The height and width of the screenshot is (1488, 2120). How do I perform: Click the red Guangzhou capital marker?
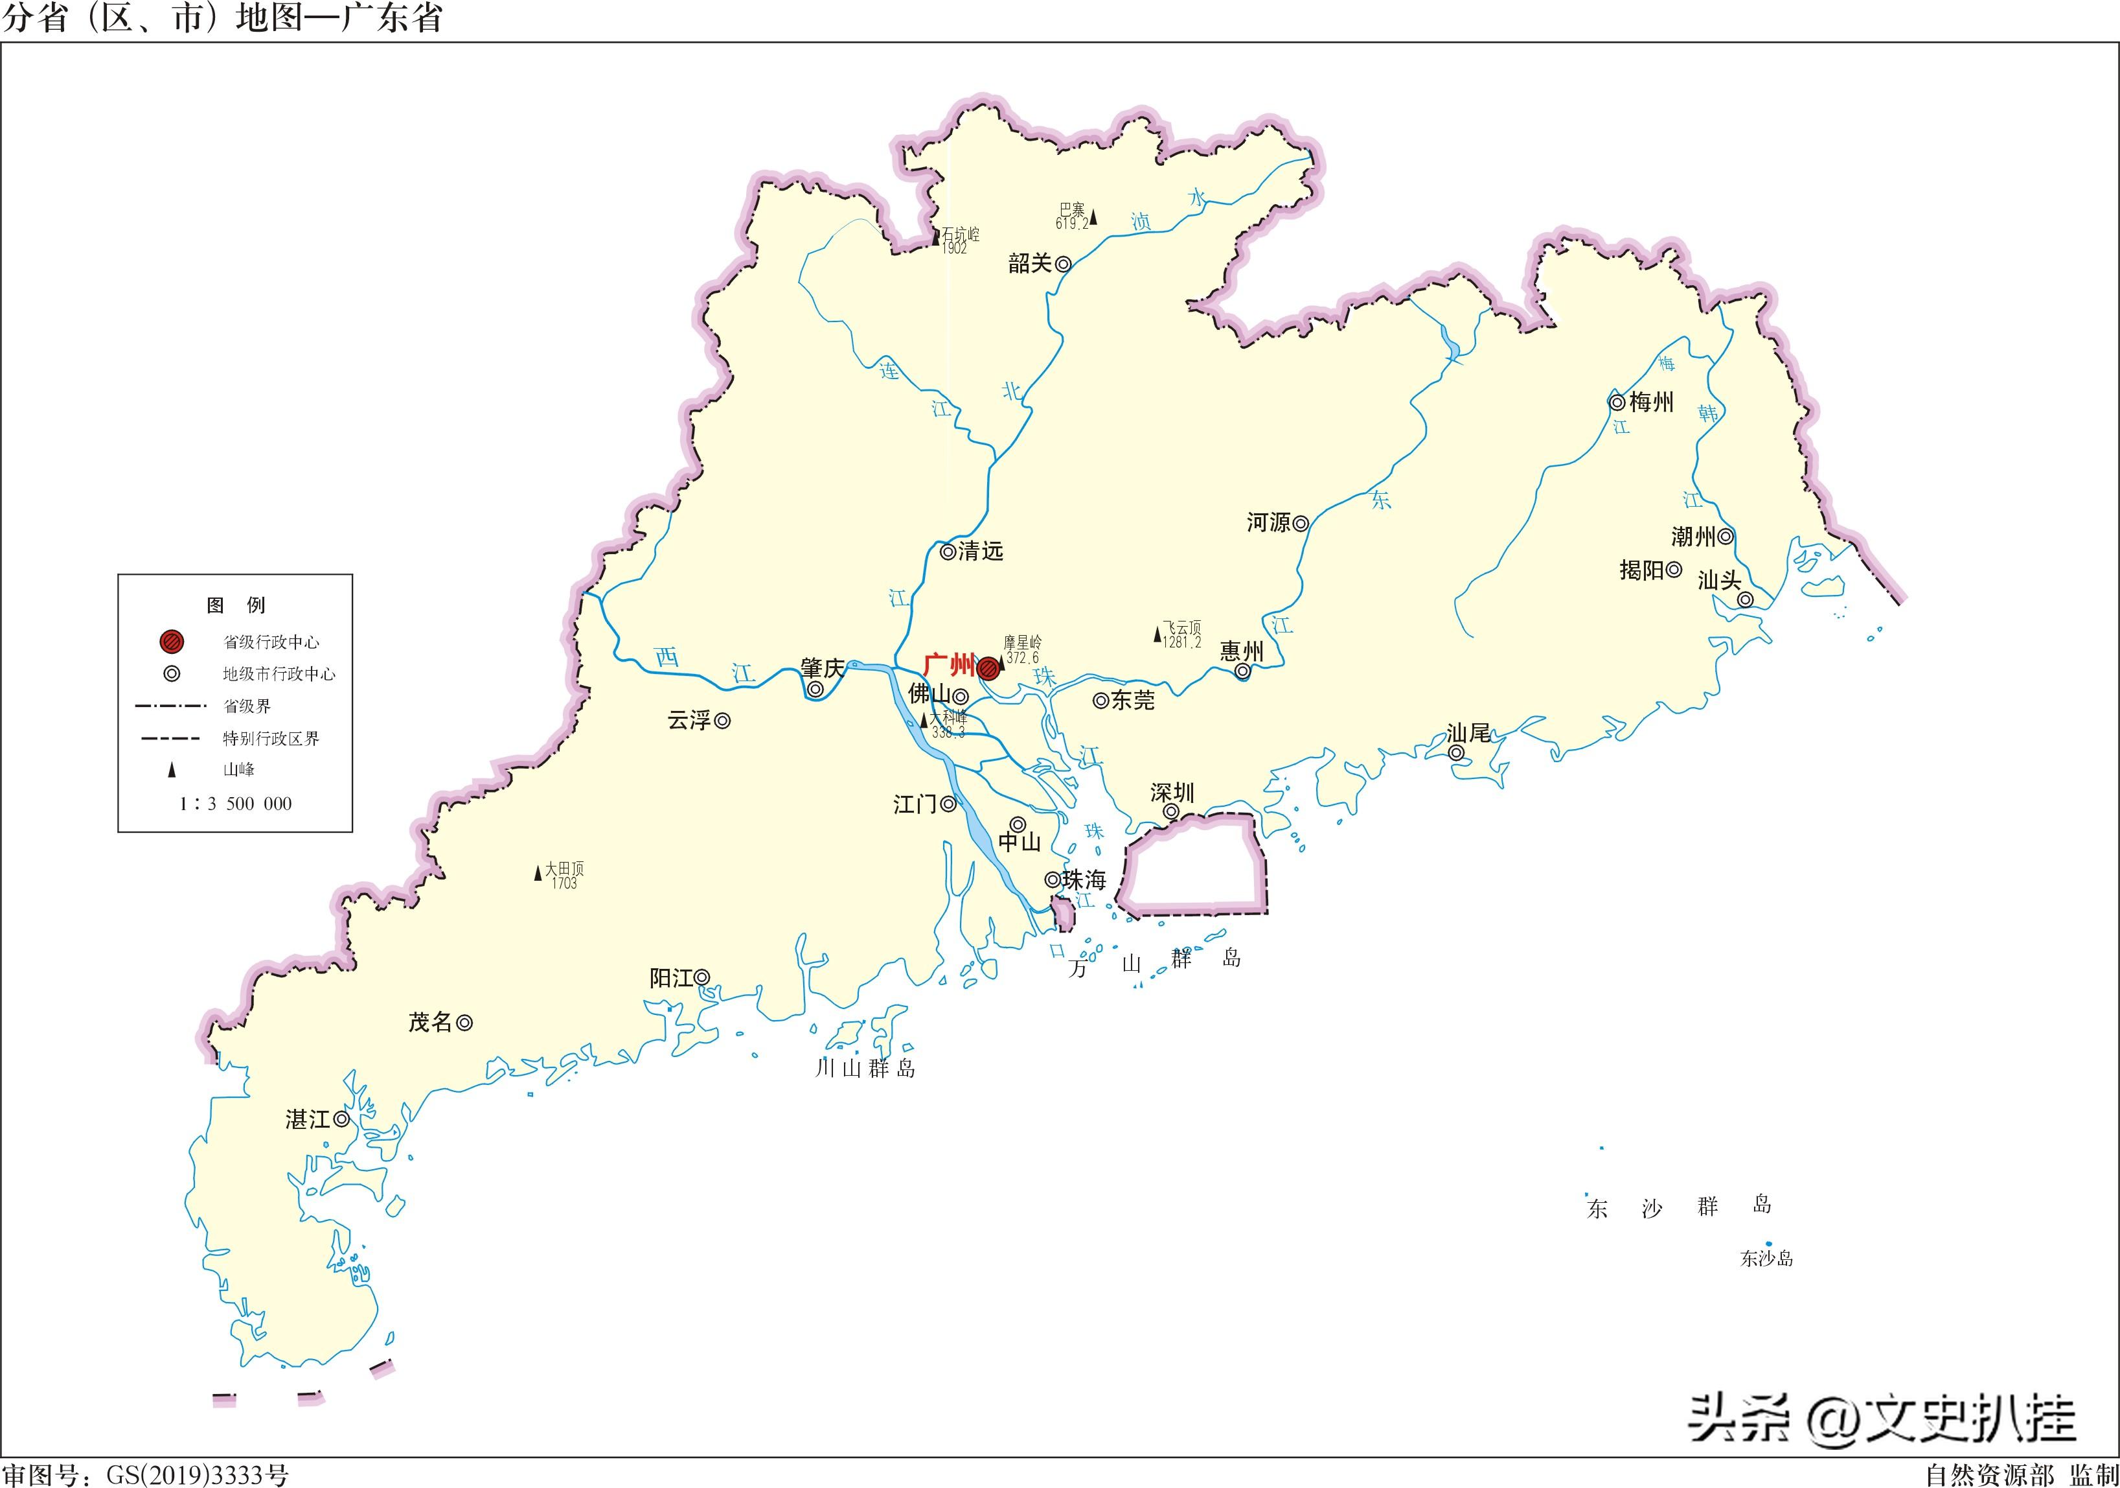point(988,668)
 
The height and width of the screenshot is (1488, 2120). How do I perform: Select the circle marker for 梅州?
point(1617,402)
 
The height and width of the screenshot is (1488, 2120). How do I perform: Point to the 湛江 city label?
point(308,1119)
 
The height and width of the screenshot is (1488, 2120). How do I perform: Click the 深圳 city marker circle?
point(1171,812)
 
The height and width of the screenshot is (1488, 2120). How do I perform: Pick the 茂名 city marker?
point(465,1023)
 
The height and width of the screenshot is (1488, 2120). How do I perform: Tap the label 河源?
point(1269,523)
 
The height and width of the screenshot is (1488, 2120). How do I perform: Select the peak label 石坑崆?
point(961,235)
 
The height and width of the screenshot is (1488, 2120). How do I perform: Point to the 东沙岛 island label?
point(1766,1258)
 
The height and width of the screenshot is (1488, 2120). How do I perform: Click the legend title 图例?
point(236,605)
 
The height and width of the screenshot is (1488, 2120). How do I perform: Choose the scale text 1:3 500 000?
point(236,804)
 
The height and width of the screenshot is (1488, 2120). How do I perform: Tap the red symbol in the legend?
point(172,641)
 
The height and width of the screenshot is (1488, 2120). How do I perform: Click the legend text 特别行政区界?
point(271,738)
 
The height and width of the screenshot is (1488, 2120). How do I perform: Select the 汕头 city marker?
point(1745,599)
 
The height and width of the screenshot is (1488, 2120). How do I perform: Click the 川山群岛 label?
point(865,1068)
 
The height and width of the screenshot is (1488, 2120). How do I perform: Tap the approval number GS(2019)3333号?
point(197,1475)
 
